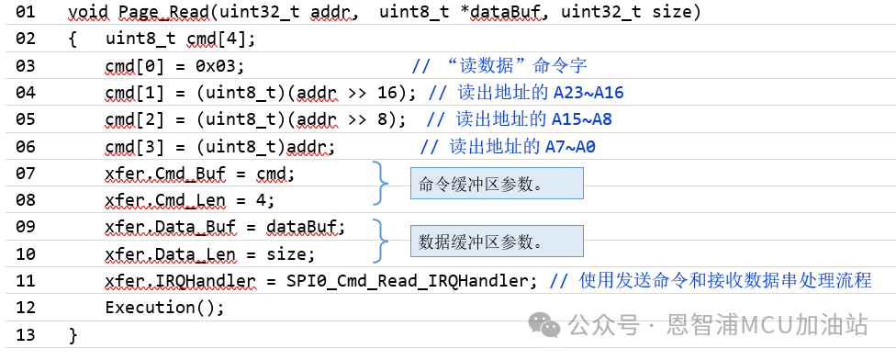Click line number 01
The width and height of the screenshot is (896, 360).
[x=26, y=13]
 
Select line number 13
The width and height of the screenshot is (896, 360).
[x=26, y=334]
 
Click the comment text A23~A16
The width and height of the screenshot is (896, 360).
[x=588, y=93]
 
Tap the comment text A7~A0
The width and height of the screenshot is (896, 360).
[x=576, y=147]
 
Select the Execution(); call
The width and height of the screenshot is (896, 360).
[x=164, y=307]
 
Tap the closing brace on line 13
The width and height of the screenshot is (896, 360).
[x=73, y=334]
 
